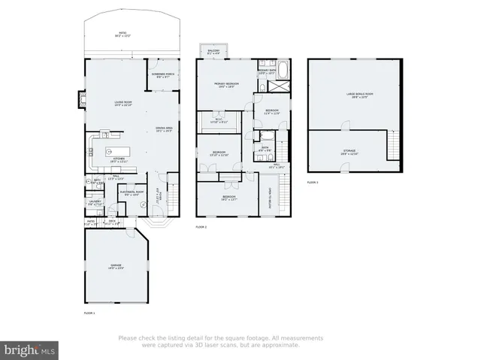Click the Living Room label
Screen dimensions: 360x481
click(116, 104)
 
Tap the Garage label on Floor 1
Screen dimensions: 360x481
click(116, 267)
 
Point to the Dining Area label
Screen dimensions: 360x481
click(164, 129)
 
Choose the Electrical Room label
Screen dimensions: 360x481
click(132, 193)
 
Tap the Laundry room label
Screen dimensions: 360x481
click(95, 202)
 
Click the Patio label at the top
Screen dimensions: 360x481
click(122, 34)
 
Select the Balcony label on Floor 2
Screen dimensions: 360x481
click(213, 51)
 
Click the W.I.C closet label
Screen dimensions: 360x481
click(219, 119)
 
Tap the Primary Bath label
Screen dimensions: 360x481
click(268, 72)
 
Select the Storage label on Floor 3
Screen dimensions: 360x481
click(349, 152)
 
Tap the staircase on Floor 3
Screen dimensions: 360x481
click(392, 145)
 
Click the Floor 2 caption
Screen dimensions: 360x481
click(201, 226)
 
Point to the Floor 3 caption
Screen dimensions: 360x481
click(312, 183)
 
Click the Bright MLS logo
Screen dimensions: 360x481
click(30, 349)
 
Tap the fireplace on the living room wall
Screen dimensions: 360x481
click(80, 99)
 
